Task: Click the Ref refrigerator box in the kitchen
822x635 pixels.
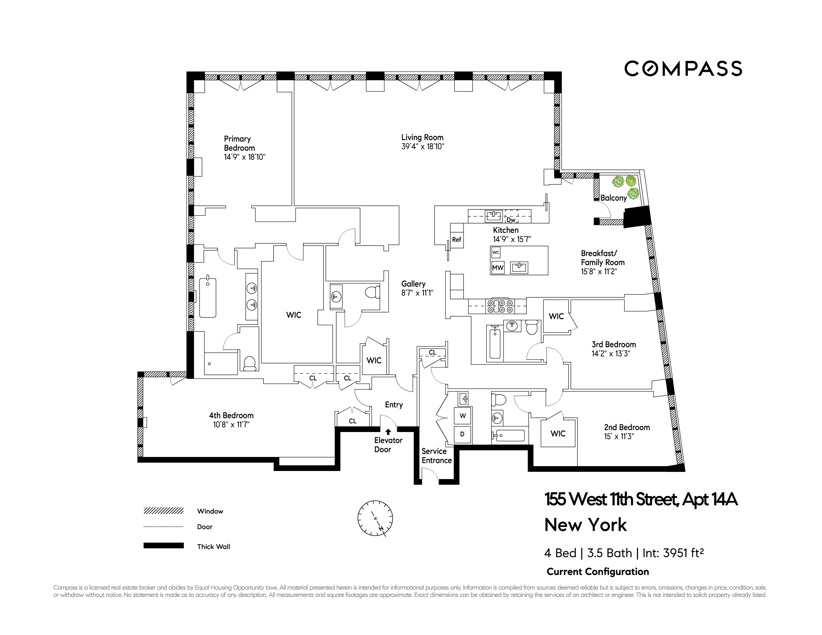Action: click(x=457, y=240)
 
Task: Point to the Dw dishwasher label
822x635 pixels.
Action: click(x=511, y=220)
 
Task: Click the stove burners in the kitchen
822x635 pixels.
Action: click(x=499, y=306)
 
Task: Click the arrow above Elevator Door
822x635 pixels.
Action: click(x=388, y=432)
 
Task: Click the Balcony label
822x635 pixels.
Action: click(x=614, y=198)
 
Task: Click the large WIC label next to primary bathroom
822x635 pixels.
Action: click(x=294, y=315)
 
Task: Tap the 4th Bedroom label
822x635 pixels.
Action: click(x=231, y=415)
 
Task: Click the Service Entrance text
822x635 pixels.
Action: click(x=436, y=456)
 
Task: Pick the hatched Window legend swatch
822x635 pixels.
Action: click(x=163, y=511)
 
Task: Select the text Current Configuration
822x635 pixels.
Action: click(x=598, y=572)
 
